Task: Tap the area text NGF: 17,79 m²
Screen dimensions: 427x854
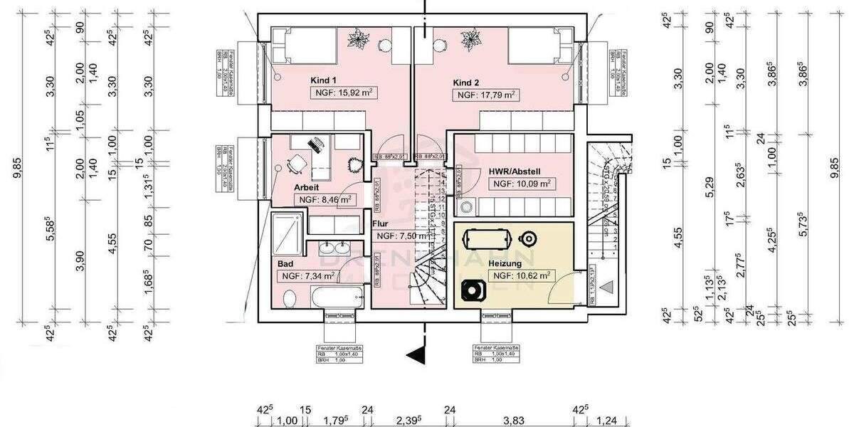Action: tap(487, 95)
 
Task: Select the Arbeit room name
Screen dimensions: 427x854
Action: tap(307, 187)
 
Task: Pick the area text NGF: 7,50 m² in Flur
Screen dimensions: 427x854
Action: tap(401, 236)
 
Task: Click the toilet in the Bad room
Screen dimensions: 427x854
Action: tap(289, 297)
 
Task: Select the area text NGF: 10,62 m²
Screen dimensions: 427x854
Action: tap(520, 275)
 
